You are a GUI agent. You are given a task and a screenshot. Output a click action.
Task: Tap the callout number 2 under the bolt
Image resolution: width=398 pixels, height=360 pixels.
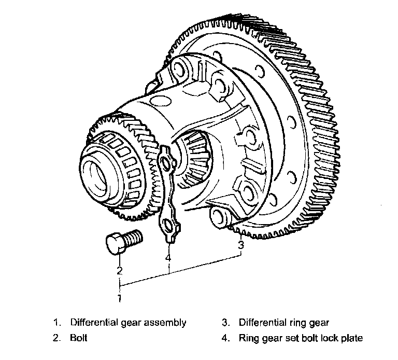click(x=119, y=270)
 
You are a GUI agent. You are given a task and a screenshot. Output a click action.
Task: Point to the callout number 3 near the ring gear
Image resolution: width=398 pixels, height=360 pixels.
click(x=241, y=244)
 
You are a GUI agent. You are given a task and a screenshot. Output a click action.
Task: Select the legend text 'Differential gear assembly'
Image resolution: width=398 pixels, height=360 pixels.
click(x=127, y=323)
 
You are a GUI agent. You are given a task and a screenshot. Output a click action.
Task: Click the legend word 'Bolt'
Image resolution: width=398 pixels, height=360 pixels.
click(x=78, y=338)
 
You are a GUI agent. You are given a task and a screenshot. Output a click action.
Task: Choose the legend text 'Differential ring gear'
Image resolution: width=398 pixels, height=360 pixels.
click(x=283, y=323)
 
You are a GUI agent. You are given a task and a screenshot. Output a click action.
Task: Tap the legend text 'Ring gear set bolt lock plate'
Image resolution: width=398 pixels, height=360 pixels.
click(x=301, y=338)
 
